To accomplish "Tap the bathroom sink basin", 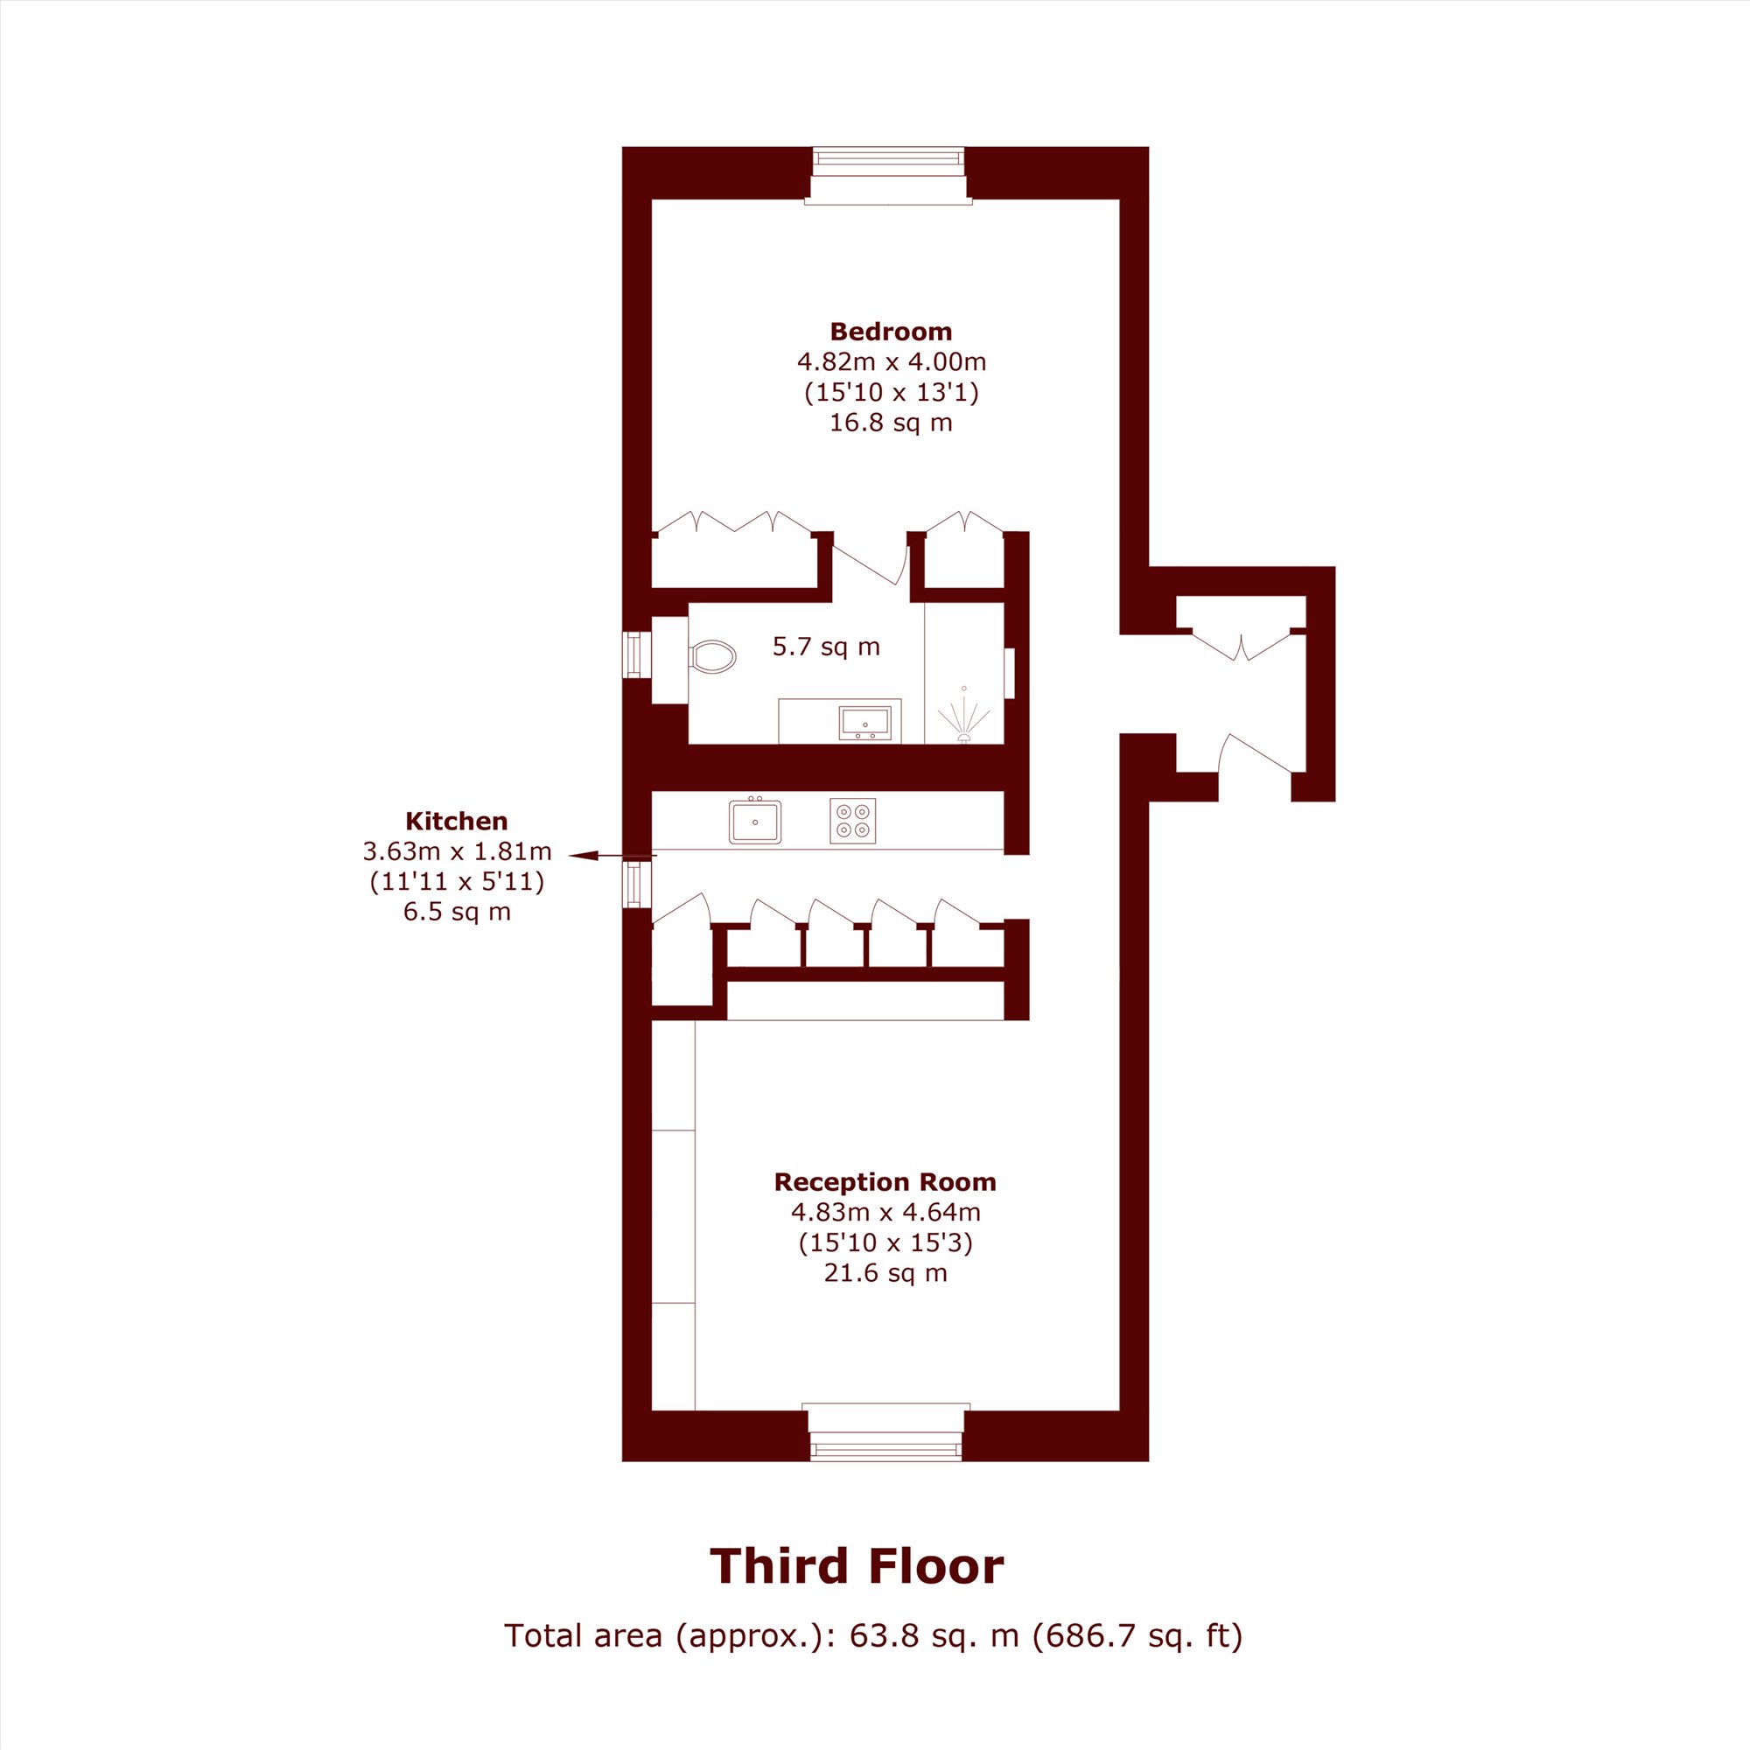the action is tap(865, 723).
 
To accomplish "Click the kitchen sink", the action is tap(754, 821).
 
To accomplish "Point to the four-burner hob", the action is tap(852, 821).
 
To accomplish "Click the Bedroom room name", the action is tap(891, 332).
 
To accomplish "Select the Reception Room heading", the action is tap(885, 1182).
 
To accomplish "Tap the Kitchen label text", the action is tap(457, 822).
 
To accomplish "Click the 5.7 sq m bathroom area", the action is tap(826, 647).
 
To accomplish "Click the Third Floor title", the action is tap(857, 1566).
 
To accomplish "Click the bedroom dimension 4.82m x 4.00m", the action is tap(892, 362).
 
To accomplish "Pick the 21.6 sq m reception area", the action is tap(885, 1272).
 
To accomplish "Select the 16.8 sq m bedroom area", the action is tap(892, 423).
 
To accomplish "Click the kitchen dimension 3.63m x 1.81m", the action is tap(457, 851).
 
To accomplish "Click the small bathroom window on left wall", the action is tap(637, 654).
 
